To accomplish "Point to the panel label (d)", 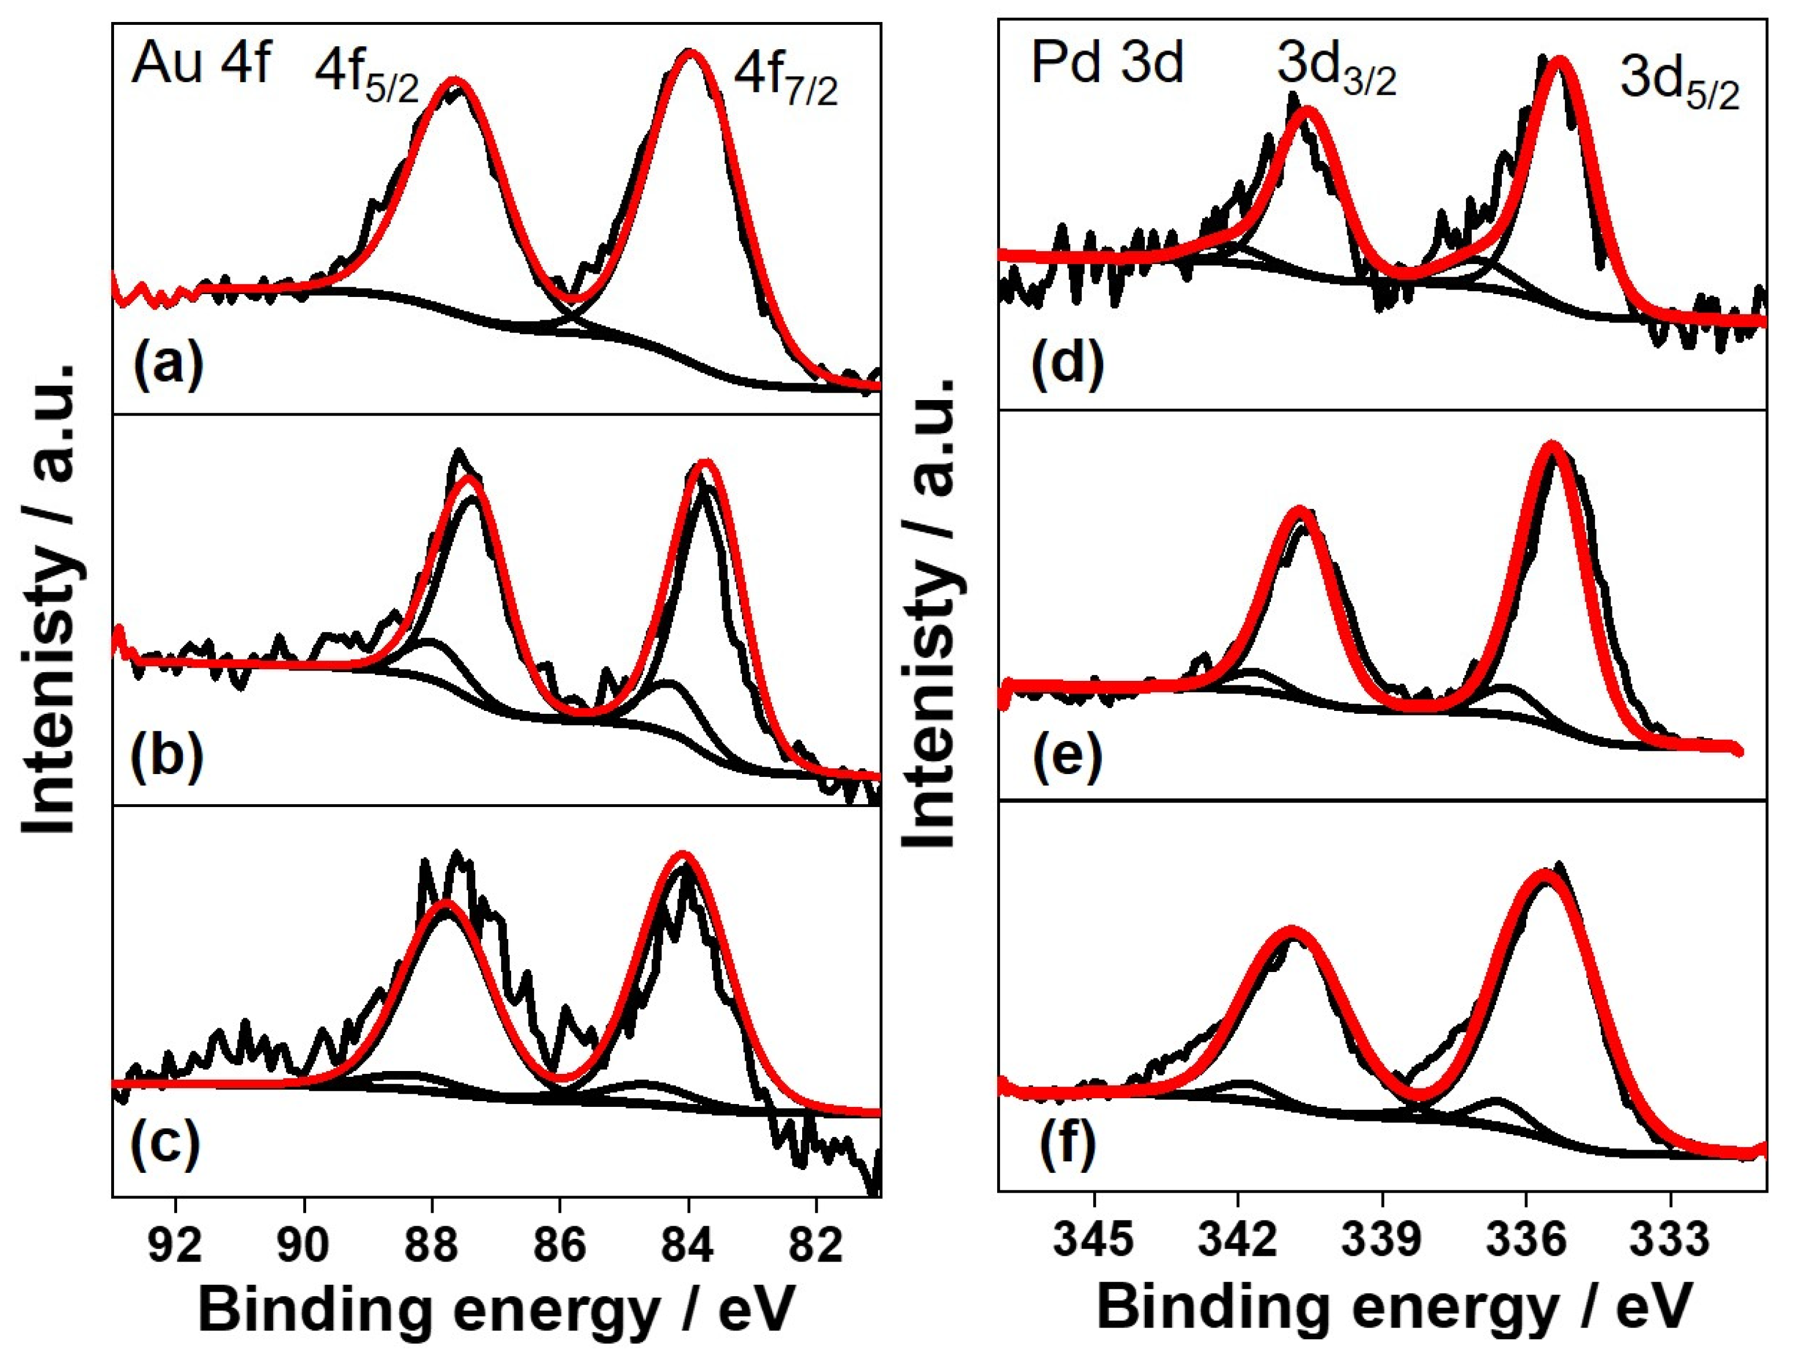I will click(x=1068, y=362).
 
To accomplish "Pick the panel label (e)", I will click(x=1068, y=756).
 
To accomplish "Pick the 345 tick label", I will click(x=1094, y=1242).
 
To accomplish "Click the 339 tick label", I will click(x=1382, y=1242).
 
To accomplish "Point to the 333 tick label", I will click(x=1670, y=1242).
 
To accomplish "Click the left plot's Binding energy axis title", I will click(x=495, y=1310).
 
